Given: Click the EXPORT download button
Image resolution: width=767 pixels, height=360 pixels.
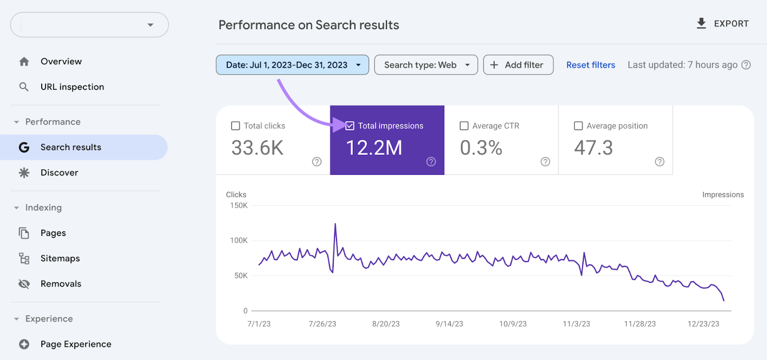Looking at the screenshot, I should tap(722, 23).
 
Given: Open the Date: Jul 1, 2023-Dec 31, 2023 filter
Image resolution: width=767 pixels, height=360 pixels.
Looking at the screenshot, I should tap(292, 65).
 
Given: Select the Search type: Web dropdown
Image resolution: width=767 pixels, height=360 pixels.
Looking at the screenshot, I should tap(426, 65).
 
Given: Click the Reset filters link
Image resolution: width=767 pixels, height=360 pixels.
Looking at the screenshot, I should tap(591, 65).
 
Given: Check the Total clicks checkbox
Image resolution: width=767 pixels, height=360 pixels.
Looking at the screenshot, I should tap(235, 126).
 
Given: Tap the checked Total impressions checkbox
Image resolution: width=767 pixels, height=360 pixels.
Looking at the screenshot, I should tap(350, 126).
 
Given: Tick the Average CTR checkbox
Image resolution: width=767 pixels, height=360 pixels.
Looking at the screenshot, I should tap(464, 126).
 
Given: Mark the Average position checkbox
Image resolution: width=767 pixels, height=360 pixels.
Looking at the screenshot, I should tap(578, 126).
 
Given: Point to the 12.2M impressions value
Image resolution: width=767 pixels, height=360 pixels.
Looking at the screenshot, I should tap(374, 148).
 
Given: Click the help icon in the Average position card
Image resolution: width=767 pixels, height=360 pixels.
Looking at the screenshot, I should tap(660, 162).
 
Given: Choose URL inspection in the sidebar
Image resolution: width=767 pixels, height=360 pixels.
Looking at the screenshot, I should tap(72, 87).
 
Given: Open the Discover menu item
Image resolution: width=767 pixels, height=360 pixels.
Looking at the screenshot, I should tap(59, 173).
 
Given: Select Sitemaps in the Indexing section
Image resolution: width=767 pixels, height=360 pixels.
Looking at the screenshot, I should tap(60, 258).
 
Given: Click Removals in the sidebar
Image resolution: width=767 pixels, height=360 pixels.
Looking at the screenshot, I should tap(61, 284).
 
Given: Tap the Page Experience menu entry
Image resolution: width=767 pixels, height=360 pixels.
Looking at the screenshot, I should tap(76, 344).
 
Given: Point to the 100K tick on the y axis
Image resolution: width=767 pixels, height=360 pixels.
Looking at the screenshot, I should tap(239, 240).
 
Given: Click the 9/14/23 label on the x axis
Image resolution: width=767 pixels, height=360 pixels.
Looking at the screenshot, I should tap(449, 324).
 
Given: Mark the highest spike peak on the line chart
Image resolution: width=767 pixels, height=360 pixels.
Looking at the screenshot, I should tap(335, 224).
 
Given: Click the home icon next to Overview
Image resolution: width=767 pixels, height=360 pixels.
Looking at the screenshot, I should tap(24, 61).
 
